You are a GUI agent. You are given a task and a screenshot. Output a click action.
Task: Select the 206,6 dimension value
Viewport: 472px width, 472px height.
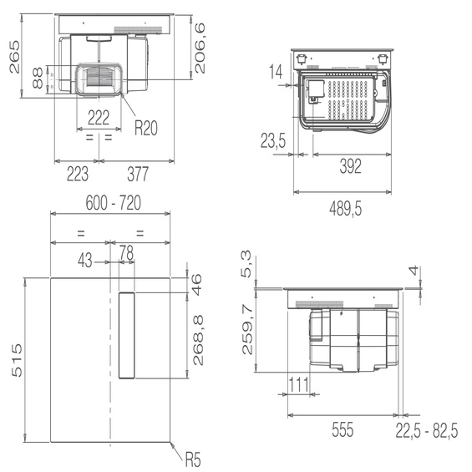point(201,49)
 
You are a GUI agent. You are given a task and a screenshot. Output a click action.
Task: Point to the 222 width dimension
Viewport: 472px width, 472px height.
point(99,117)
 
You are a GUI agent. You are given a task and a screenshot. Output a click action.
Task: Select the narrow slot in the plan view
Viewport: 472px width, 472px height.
point(126,335)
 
